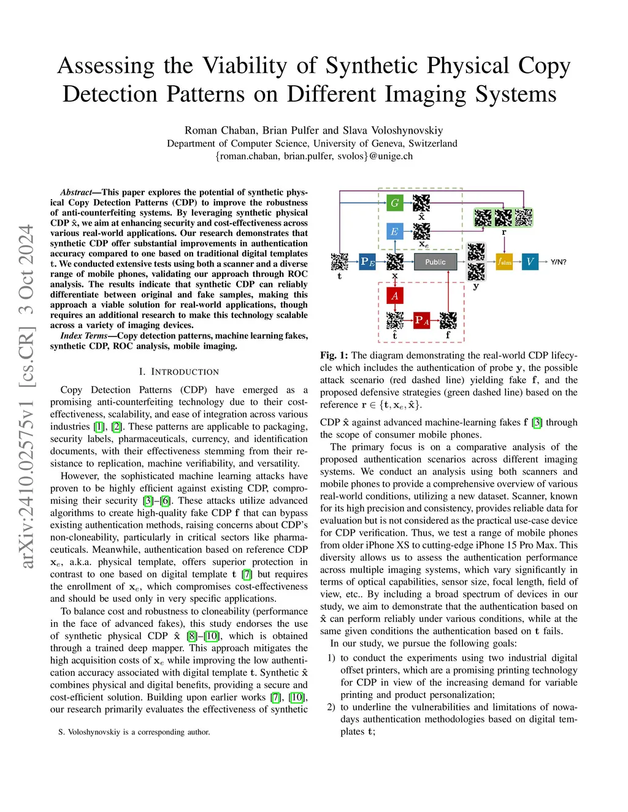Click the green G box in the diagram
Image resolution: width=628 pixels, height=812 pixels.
click(x=395, y=203)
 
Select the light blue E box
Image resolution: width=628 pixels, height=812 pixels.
click(x=395, y=232)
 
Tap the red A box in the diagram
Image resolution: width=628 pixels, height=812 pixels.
click(x=395, y=296)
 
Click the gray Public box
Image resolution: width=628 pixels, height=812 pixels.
click(x=435, y=262)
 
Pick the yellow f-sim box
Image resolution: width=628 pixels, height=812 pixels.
click(x=504, y=262)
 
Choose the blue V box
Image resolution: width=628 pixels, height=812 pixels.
click(x=530, y=262)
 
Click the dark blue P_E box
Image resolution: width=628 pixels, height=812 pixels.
click(x=367, y=262)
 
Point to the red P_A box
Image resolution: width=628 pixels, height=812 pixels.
click(x=422, y=321)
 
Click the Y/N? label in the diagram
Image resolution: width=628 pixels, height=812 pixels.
click(x=559, y=262)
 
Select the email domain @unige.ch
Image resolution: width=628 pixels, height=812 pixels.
click(x=391, y=156)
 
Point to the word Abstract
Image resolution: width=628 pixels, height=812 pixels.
click(x=76, y=192)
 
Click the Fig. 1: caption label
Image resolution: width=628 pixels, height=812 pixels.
click(x=334, y=355)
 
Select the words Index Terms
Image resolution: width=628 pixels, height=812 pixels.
click(x=84, y=336)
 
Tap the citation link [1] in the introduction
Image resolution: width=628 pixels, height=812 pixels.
click(x=99, y=427)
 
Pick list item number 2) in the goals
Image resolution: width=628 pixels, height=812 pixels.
click(x=331, y=707)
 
